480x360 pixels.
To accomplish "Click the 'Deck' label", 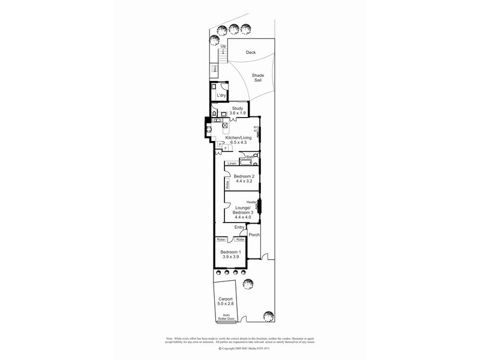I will click(x=251, y=52).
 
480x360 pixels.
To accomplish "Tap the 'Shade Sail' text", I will click(x=257, y=78).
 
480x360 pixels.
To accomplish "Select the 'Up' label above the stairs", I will click(x=223, y=46).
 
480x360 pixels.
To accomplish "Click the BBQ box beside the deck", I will click(x=214, y=70).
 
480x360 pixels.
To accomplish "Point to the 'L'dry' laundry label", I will click(x=221, y=95).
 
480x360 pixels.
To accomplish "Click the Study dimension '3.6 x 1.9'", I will click(x=238, y=113).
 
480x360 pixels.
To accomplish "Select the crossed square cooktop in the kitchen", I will click(x=225, y=125).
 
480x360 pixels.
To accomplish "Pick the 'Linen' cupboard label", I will click(x=232, y=163).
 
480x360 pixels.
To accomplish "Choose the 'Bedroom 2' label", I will click(x=245, y=176).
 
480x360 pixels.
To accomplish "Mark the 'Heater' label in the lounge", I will click(x=251, y=202).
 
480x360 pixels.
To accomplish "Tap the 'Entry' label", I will click(x=239, y=227).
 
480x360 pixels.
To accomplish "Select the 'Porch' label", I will click(x=254, y=235).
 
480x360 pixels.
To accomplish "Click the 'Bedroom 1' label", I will click(x=230, y=251).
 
